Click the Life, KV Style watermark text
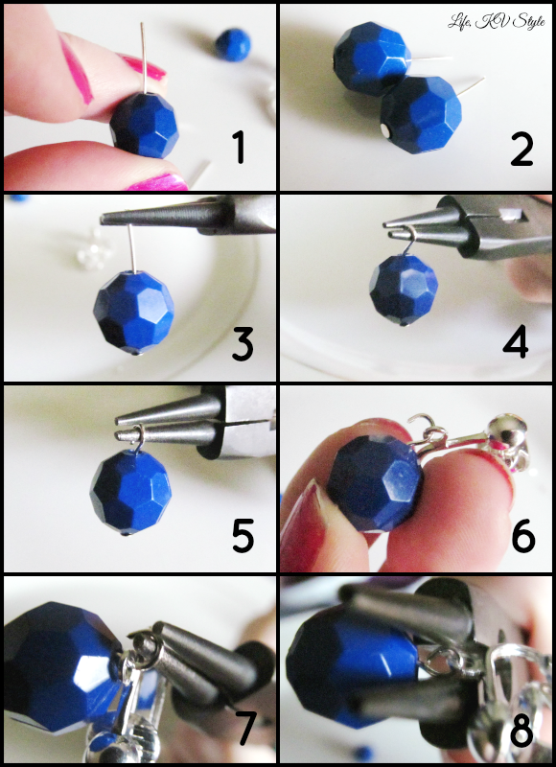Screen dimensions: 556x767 click(x=497, y=22)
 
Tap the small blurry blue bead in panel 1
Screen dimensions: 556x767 click(x=233, y=45)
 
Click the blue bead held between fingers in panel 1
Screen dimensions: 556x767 click(x=143, y=125)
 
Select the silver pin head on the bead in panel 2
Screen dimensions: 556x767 click(x=385, y=130)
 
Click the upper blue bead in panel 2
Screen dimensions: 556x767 click(x=372, y=58)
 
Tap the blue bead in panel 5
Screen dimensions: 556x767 click(x=130, y=494)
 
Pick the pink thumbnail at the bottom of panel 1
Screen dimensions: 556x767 click(x=157, y=182)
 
